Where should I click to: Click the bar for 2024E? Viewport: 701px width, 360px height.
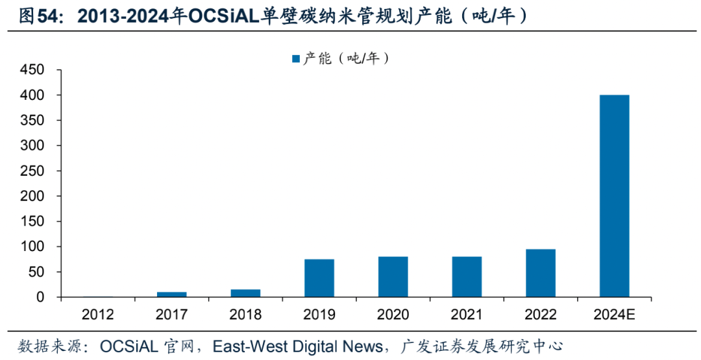(614, 196)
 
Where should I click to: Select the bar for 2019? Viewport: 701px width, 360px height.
(319, 278)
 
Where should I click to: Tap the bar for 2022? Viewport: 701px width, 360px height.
(540, 273)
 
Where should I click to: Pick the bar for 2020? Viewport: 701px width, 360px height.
(393, 277)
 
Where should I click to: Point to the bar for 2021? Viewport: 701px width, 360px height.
(467, 277)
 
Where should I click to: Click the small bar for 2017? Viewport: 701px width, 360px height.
(171, 294)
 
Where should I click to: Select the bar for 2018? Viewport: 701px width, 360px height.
(245, 293)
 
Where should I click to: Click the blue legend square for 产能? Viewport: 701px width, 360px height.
(296, 59)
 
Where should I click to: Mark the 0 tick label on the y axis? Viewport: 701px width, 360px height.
(40, 298)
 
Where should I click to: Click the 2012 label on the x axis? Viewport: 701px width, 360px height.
(97, 315)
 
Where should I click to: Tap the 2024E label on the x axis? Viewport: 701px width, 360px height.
(614, 315)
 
